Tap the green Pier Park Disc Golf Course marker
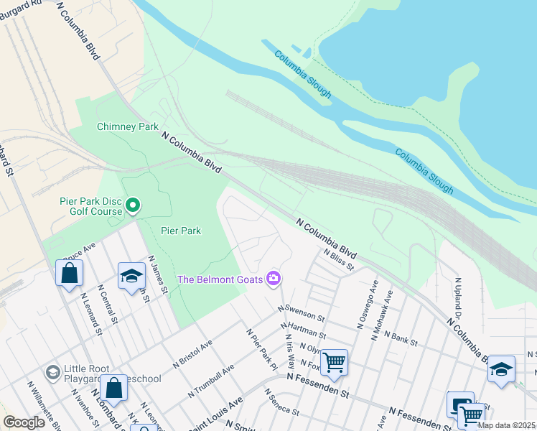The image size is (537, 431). (x=133, y=206)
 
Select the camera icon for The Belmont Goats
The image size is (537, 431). (x=273, y=278)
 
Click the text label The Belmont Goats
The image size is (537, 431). (x=220, y=279)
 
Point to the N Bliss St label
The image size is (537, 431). (x=338, y=259)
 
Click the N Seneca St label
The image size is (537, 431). (x=281, y=403)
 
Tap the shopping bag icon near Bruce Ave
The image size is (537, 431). (x=69, y=273)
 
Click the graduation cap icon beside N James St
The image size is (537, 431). (x=131, y=277)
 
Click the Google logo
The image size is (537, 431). (x=24, y=422)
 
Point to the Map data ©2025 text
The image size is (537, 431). (x=507, y=426)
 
